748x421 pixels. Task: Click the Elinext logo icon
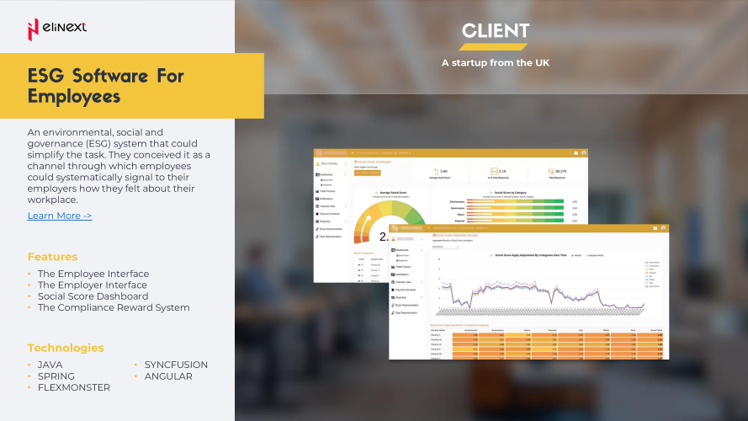[33, 29]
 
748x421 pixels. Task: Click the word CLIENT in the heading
[496, 32]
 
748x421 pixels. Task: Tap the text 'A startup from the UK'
[496, 62]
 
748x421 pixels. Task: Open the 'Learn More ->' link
[60, 216]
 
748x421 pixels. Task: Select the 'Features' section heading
[52, 257]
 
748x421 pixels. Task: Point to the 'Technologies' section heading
[66, 348]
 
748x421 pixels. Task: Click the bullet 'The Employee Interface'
[93, 274]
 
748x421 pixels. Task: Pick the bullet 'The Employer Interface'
[92, 285]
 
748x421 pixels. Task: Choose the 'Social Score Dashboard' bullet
[93, 296]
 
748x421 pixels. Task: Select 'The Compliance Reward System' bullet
[114, 307]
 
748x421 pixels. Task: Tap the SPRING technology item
[56, 376]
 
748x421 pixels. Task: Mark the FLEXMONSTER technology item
[73, 387]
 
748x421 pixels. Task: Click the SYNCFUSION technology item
[176, 365]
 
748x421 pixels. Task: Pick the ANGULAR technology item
[168, 376]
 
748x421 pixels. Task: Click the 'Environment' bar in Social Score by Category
[513, 202]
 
